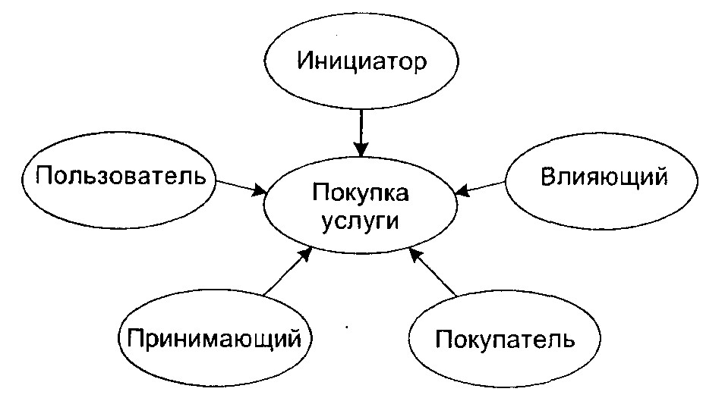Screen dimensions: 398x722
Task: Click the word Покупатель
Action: coord(505,337)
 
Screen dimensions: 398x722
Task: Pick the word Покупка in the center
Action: coord(360,194)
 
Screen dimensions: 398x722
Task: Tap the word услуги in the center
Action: coord(360,222)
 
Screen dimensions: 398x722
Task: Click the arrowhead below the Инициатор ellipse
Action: coord(361,146)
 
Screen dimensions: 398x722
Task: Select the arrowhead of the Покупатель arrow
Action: coord(414,254)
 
